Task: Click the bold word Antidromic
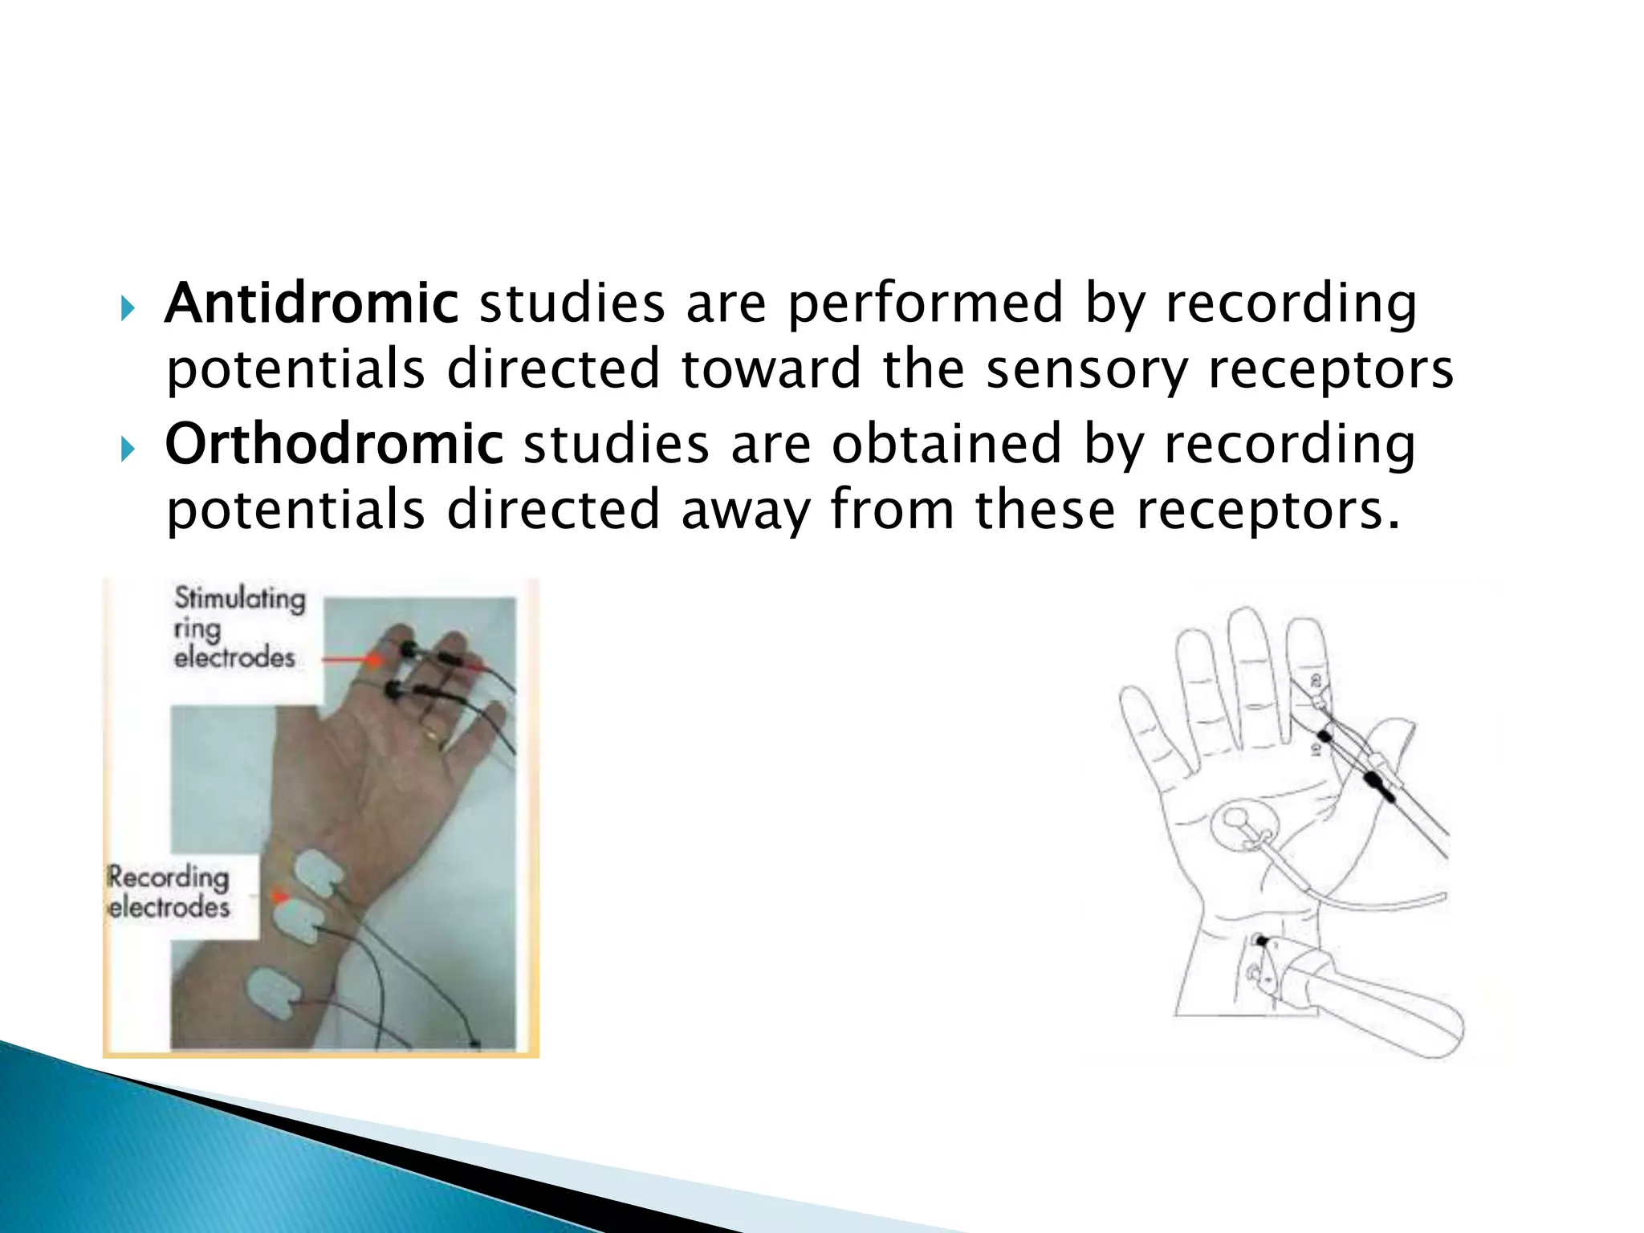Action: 311,303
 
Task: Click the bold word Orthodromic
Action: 334,444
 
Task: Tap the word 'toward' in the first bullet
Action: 771,369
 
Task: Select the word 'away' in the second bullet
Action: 746,511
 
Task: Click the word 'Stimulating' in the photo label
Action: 240,599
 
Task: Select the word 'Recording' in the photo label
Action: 169,877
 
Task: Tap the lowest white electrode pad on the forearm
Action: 273,992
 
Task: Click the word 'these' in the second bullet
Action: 1044,511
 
